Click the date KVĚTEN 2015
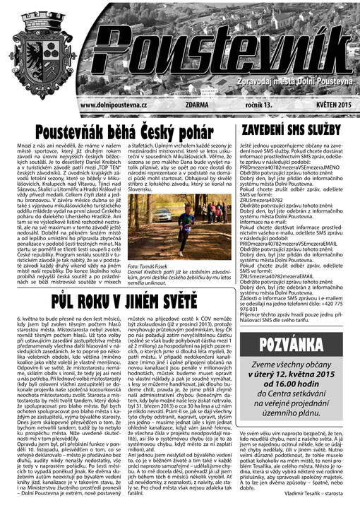pyautogui.click(x=322, y=105)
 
